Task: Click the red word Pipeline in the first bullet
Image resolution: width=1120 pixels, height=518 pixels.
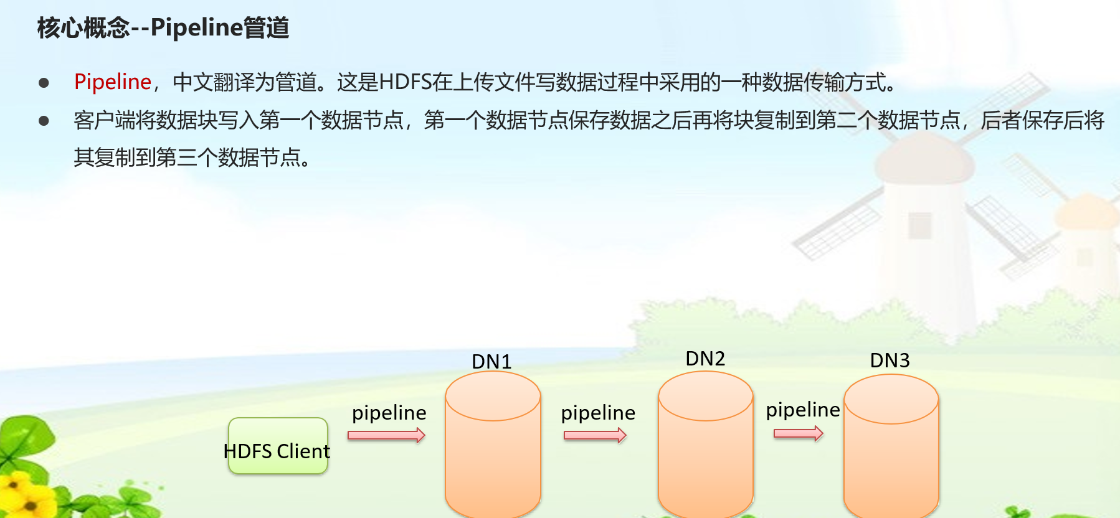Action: tap(112, 82)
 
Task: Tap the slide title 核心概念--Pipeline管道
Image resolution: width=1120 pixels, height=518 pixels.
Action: tap(163, 28)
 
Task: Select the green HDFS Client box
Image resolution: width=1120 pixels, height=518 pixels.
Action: tap(278, 446)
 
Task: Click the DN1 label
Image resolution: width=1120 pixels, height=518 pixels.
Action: tap(491, 362)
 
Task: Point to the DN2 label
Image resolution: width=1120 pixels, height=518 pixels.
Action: tap(705, 359)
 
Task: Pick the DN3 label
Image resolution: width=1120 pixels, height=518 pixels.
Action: tap(890, 360)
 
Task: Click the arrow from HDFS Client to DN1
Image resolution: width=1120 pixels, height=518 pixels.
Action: tap(386, 435)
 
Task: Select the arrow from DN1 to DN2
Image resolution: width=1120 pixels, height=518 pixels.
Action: tap(595, 435)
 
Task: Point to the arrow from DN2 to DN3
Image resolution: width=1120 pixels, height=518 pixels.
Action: tap(798, 433)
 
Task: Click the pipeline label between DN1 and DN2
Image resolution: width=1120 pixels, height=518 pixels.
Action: tap(598, 413)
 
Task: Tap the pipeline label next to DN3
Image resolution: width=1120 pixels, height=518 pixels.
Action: tap(802, 410)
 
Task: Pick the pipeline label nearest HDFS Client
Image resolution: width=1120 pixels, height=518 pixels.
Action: tap(389, 413)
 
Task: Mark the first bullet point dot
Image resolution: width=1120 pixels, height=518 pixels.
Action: tap(44, 83)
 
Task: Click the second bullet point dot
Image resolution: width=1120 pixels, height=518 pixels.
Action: tap(44, 121)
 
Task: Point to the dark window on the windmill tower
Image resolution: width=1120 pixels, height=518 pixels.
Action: tap(919, 225)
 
